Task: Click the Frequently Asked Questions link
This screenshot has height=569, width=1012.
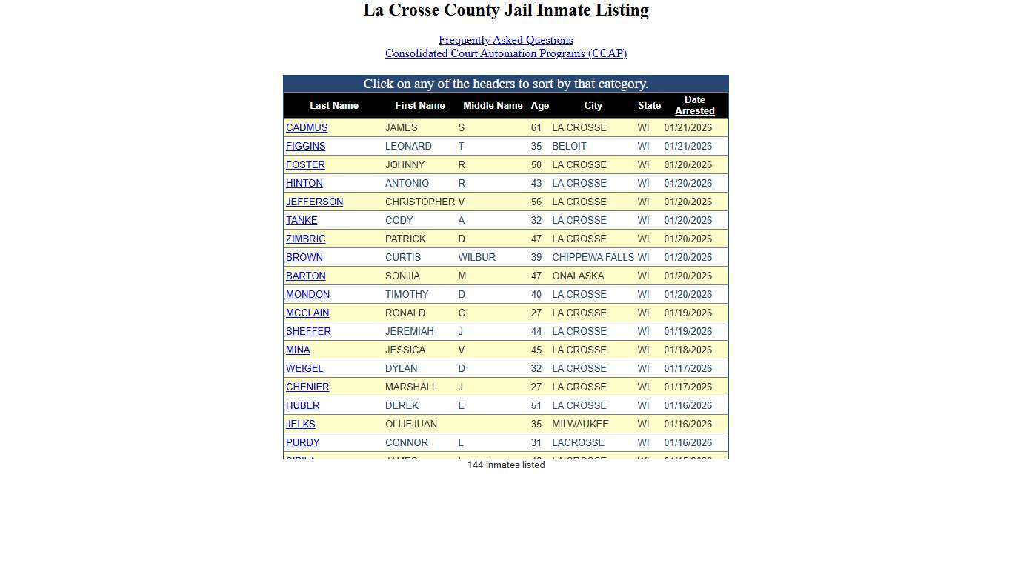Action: pos(505,40)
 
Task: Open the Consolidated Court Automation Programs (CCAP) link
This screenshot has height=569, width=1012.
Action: pos(505,53)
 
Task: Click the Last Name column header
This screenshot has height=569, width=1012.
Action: pos(333,106)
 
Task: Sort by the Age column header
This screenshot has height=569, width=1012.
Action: pos(539,106)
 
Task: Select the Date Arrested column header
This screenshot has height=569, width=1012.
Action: pos(694,105)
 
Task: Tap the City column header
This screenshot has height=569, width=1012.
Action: pos(593,106)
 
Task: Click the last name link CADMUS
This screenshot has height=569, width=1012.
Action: pos(307,127)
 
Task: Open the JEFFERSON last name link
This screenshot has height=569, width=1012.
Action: pos(314,202)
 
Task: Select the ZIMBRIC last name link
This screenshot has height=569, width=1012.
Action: pos(305,239)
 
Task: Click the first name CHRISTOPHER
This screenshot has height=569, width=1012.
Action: pos(419,202)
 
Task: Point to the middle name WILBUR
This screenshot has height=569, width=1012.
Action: pos(476,257)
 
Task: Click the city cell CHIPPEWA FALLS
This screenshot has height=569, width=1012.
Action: pos(593,257)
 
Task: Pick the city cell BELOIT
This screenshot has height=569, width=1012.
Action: pos(569,146)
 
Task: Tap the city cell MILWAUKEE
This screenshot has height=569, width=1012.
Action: pos(580,424)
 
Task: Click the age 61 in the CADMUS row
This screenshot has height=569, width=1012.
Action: pos(536,127)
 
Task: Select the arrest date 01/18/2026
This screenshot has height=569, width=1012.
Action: pos(688,350)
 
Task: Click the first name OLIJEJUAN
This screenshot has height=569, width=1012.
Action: pos(410,424)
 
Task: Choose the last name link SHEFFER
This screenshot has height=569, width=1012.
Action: pos(308,331)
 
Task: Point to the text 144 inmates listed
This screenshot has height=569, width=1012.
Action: pos(505,465)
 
